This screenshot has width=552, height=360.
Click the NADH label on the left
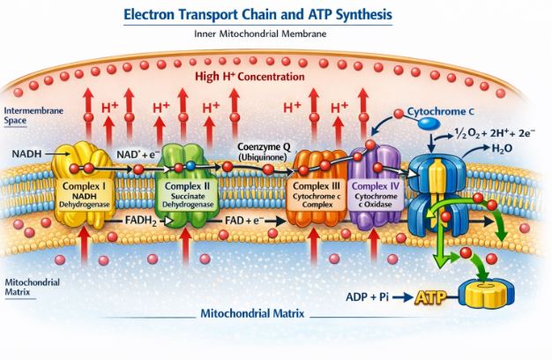26,154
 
